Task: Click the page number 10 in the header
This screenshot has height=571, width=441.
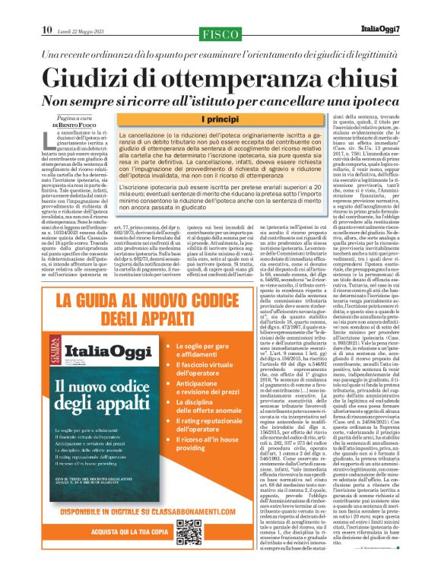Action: point(46,8)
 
